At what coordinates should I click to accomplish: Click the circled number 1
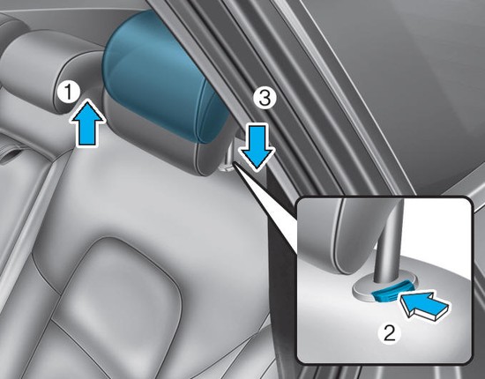point(69,93)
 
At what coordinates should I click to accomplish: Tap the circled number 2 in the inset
point(389,333)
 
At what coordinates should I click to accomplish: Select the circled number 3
point(265,99)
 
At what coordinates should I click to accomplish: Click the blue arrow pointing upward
point(87,123)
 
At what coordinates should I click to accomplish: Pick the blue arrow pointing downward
point(257,146)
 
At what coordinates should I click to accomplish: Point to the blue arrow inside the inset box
point(424,306)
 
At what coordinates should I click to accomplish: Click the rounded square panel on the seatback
point(116,297)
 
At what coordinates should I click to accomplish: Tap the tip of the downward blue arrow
point(257,170)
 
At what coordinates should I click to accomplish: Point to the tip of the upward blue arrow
point(87,100)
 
